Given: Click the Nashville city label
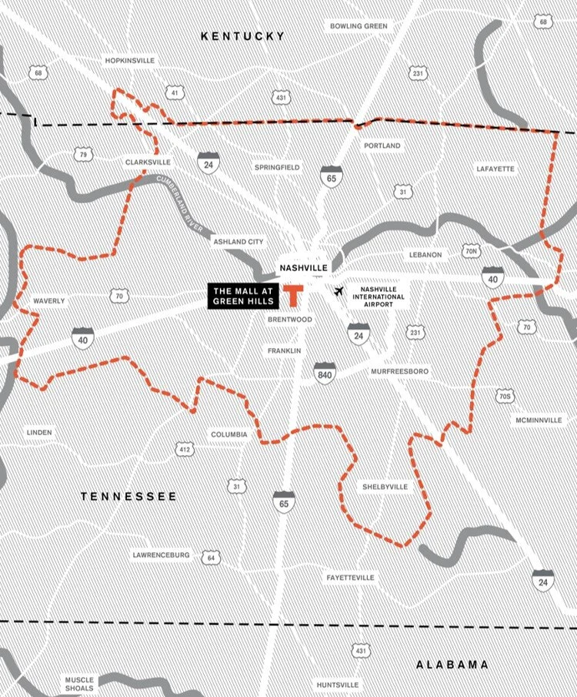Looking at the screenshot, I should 304,268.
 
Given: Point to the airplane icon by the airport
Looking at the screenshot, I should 339,291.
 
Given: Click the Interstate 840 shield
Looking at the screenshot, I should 325,375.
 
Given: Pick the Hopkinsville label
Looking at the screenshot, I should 130,60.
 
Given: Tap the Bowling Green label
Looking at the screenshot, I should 360,26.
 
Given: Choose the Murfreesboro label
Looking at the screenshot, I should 399,371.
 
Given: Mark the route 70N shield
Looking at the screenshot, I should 472,251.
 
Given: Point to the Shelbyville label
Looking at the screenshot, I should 385,487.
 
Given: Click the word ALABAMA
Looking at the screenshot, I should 452,665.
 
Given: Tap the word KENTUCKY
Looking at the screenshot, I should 242,36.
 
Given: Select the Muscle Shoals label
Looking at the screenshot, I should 78,685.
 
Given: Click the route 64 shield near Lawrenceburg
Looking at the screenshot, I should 210,557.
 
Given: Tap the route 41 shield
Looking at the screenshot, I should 175,93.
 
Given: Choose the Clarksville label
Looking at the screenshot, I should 148,163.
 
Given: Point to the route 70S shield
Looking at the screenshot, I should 504,397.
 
